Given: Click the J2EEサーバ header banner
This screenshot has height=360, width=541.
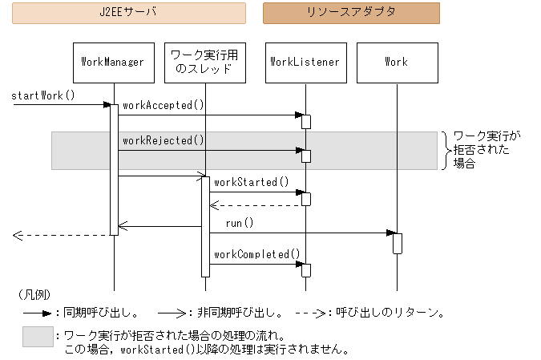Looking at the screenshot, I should [129, 13].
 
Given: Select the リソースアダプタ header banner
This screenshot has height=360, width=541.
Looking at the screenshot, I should [351, 13].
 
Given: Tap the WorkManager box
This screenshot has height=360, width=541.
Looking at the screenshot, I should [113, 62].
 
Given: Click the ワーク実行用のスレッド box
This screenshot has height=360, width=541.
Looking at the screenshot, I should [204, 62].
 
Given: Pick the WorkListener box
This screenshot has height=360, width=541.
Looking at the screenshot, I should [305, 62].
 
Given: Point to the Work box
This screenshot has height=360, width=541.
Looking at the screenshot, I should [396, 62].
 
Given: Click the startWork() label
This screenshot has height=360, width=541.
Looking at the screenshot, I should [43, 95].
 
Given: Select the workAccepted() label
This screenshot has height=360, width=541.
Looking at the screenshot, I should [164, 105].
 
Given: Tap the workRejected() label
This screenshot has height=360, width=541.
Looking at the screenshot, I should [164, 140].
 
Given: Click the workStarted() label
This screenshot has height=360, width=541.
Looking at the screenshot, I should [252, 183].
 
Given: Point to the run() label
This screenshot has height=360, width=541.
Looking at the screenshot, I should [239, 223].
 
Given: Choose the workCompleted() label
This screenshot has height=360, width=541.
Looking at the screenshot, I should [256, 254].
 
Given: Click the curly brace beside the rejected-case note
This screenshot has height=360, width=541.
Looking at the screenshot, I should [445, 150].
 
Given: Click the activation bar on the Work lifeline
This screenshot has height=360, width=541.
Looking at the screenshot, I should [397, 243].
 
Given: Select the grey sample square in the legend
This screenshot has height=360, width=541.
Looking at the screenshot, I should [37, 337].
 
